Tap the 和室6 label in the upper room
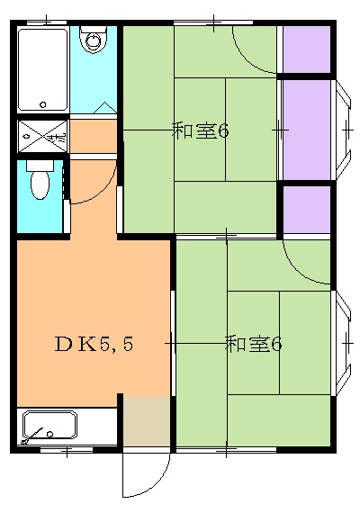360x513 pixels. click(200, 131)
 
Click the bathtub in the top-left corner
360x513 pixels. click(41, 69)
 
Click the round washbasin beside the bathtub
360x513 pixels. click(93, 40)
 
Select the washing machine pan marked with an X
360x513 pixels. click(41, 136)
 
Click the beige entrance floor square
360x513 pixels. click(146, 420)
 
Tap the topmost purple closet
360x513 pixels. click(307, 49)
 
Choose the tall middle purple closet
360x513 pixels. click(307, 129)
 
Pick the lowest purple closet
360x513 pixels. click(307, 208)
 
